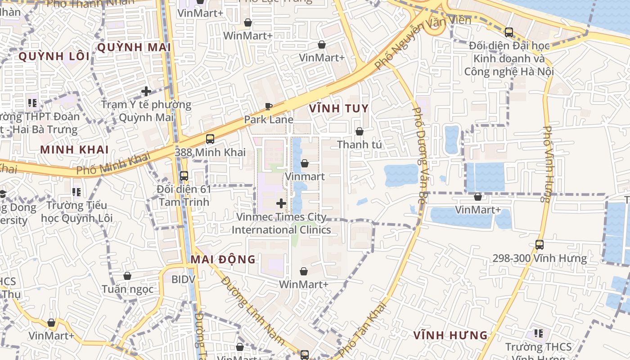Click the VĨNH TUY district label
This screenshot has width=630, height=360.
click(338, 108)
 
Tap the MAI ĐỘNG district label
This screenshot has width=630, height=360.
click(223, 260)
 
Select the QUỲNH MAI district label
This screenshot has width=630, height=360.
click(134, 47)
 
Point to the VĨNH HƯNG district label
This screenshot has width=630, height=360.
click(450, 335)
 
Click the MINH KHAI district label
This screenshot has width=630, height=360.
click(74, 150)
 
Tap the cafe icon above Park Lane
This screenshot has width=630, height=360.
click(269, 107)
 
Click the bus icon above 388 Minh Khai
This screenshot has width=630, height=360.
click(210, 139)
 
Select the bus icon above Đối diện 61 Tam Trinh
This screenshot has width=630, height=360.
click(184, 176)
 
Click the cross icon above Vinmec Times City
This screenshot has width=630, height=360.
click(281, 203)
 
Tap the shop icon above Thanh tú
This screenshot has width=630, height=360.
click(359, 131)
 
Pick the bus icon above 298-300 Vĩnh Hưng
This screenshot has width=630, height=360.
click(539, 245)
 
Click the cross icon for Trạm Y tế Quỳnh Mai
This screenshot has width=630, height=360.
click(146, 91)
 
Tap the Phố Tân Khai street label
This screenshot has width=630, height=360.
click(363, 329)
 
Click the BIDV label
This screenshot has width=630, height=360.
click(183, 279)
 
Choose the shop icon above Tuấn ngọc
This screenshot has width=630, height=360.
click(127, 276)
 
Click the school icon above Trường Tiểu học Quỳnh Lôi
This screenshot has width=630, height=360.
click(76, 193)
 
